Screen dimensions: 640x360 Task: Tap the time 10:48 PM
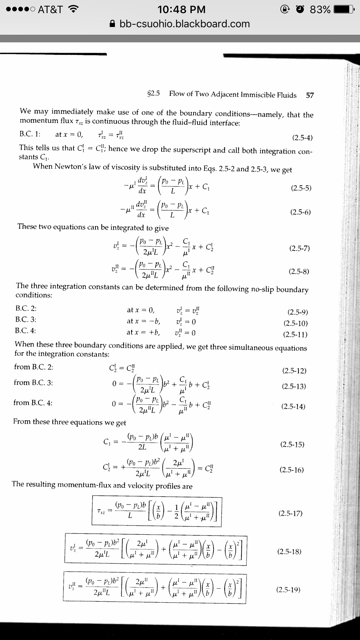(179, 8)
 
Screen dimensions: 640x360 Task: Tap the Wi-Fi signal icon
(73, 8)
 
